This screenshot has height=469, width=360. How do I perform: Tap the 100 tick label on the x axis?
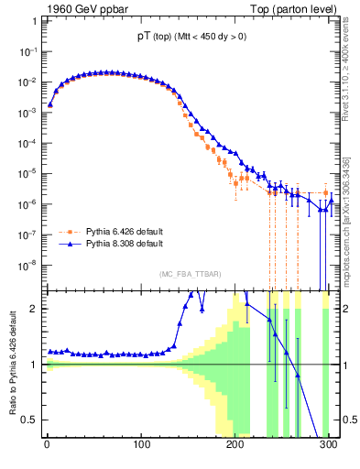point(141,446)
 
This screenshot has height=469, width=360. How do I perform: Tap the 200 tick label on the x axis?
point(235,446)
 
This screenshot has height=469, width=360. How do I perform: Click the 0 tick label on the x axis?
point(47,446)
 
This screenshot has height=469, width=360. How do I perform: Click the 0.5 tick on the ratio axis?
point(30,420)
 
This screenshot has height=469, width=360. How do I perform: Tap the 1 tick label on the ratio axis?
point(35,365)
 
